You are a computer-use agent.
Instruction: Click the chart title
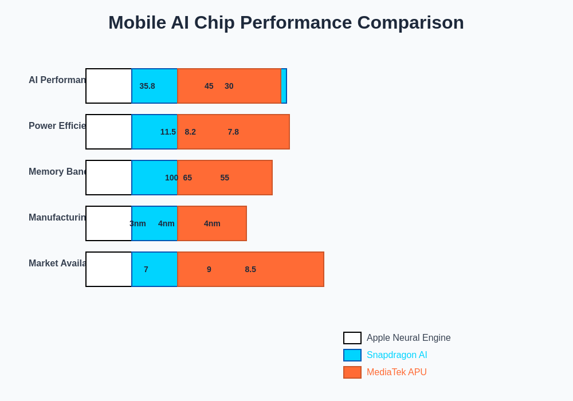(x=286, y=22)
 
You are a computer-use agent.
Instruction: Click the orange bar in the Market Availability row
(x=250, y=269)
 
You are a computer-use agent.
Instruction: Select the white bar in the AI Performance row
(x=109, y=86)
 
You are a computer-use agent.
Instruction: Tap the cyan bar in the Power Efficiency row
(x=155, y=132)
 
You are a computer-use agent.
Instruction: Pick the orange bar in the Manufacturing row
(x=212, y=223)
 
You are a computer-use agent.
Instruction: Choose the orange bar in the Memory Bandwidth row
(x=225, y=178)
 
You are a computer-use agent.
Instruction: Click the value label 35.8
(x=147, y=86)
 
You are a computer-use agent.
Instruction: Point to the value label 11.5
(x=168, y=132)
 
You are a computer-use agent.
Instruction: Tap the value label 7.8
(x=233, y=132)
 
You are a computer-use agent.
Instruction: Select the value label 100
(x=171, y=178)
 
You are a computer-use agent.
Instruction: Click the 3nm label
(x=138, y=223)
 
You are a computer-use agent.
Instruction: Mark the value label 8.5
(x=250, y=269)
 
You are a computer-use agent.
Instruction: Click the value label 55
(x=225, y=178)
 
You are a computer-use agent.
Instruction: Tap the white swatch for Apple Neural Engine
(x=352, y=338)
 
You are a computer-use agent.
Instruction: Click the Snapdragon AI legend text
(x=397, y=355)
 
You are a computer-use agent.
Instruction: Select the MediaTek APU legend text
(x=397, y=372)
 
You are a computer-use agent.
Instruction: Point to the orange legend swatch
(x=352, y=372)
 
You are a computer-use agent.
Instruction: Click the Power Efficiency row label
(x=57, y=126)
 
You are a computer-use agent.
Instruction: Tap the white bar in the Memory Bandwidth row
(x=109, y=178)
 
